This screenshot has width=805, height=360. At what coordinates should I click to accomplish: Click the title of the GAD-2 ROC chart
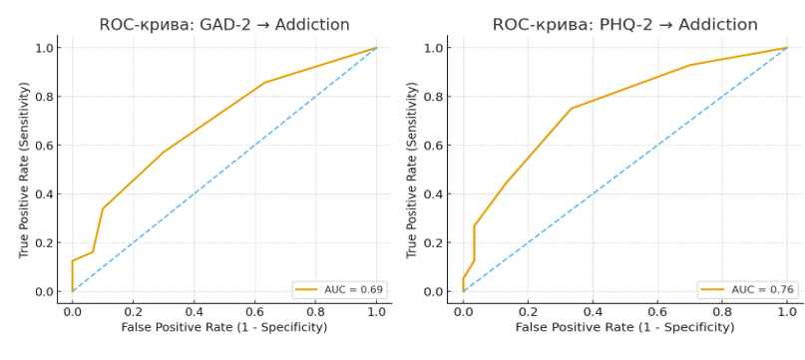tap(224, 25)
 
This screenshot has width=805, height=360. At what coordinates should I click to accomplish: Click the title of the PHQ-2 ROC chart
tap(624, 25)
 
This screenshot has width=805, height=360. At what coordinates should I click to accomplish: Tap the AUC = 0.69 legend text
tap(354, 289)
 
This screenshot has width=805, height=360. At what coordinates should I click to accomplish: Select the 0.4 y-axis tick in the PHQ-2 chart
tap(433, 194)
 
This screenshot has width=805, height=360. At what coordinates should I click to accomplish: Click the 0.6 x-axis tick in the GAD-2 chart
tap(255, 312)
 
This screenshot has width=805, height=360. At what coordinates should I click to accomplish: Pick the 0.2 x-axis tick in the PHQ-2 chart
tap(528, 312)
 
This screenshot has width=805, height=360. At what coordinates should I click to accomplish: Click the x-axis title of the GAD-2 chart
tap(224, 327)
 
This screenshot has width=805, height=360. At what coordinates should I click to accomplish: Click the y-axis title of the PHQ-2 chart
tap(412, 170)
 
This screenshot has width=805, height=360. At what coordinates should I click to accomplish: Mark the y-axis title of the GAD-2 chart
tap(23, 170)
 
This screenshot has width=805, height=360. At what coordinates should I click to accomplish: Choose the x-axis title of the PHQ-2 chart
tap(624, 327)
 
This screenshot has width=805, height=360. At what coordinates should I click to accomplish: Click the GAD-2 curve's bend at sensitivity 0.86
tap(264, 82)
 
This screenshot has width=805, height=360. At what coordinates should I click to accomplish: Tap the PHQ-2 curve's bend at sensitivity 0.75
tap(571, 109)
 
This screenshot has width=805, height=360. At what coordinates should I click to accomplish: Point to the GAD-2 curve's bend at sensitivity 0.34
tap(103, 208)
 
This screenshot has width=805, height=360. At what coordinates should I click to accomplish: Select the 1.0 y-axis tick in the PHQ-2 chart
tap(433, 48)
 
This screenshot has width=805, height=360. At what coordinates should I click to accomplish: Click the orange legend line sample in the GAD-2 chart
tap(306, 290)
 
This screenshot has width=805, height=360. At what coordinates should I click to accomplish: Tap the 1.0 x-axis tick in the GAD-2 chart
tap(377, 312)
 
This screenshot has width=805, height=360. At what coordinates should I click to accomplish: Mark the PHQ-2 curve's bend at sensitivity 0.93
tap(690, 65)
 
